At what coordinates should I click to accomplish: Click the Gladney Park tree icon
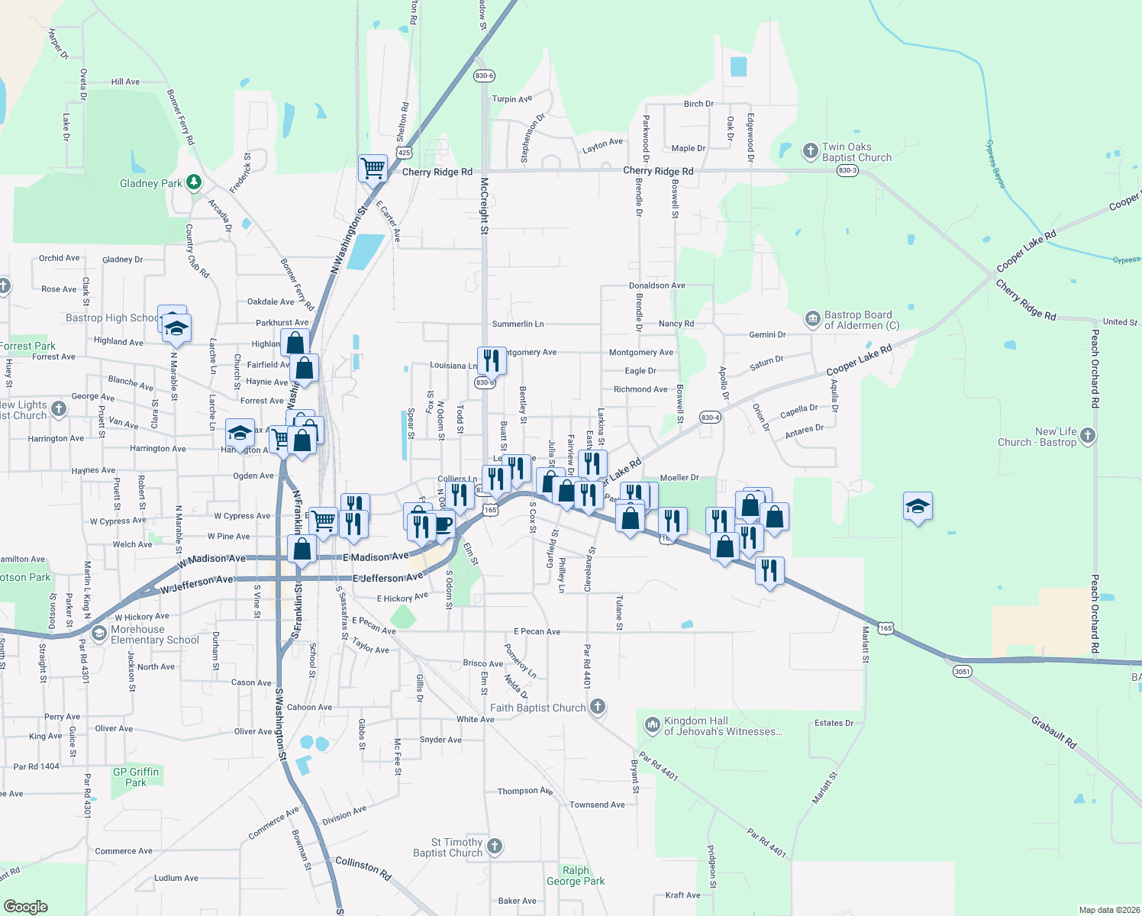coord(195,182)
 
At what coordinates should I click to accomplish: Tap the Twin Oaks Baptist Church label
coord(857,153)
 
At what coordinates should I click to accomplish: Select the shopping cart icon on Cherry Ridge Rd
coord(373,168)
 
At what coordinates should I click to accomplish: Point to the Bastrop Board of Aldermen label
coord(861,320)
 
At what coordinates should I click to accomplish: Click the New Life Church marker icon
coord(1088,436)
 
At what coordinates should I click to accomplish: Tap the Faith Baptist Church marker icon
coord(598,707)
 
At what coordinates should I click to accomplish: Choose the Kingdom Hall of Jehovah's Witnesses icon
coord(652,724)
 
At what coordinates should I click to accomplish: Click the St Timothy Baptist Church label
coord(447,847)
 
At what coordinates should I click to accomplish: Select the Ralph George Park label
coord(576,876)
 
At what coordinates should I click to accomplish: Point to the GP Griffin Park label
coord(136,777)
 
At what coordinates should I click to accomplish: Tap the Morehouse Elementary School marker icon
coord(99,634)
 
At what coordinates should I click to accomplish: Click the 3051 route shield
coord(962,672)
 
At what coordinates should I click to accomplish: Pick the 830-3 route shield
coord(847,171)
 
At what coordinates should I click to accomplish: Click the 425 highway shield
coord(405,153)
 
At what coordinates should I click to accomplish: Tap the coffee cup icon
coord(443,524)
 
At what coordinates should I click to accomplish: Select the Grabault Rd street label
coord(1053,732)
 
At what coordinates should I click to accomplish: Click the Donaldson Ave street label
coord(656,285)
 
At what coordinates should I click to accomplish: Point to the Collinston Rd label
coord(363,869)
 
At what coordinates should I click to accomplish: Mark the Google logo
coord(25,907)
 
